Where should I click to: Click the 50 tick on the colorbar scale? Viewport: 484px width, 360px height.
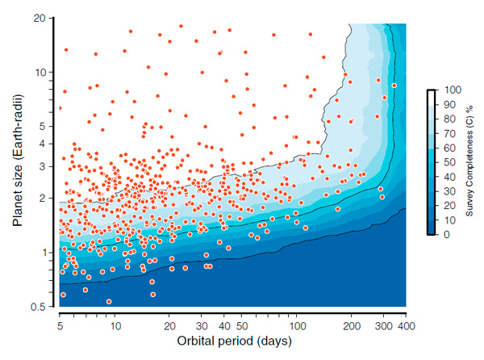(447, 161)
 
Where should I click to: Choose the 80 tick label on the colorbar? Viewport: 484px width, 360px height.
(447, 118)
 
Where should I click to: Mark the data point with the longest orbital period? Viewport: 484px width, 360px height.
(394, 85)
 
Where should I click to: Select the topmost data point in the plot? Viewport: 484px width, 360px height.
(181, 26)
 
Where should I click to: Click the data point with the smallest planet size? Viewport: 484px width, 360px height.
(110, 302)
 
